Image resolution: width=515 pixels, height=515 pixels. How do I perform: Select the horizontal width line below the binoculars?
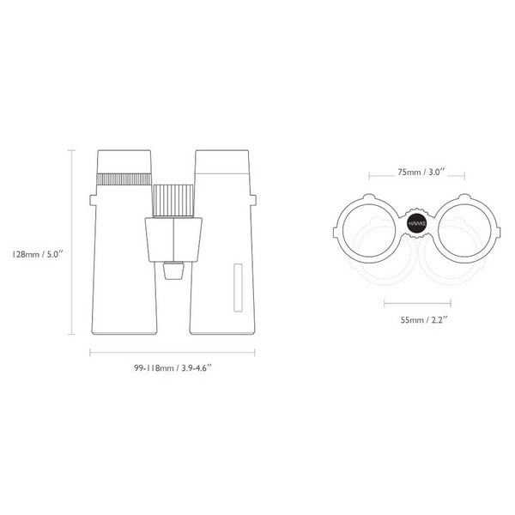coord(173,352)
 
